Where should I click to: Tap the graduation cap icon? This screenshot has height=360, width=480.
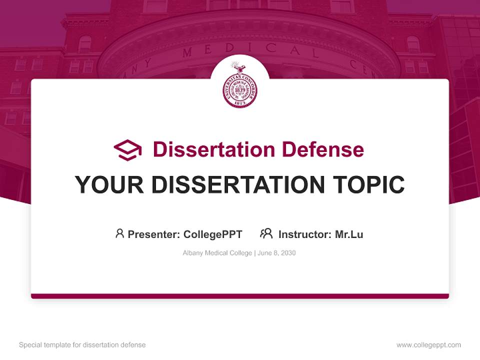pos(127,150)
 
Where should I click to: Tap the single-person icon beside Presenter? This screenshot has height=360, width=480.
pos(119,233)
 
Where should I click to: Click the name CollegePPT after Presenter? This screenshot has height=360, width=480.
pos(213,234)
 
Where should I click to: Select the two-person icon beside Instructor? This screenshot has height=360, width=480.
pos(266,233)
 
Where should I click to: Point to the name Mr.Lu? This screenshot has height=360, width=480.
pos(349,234)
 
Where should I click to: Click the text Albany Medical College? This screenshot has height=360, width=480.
pos(217,253)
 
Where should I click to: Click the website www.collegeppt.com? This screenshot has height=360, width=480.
pos(428,345)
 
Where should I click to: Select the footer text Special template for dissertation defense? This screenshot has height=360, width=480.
pos(82,345)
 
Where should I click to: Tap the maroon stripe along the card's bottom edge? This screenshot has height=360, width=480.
pos(240,296)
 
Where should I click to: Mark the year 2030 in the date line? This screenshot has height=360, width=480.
pos(288,253)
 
